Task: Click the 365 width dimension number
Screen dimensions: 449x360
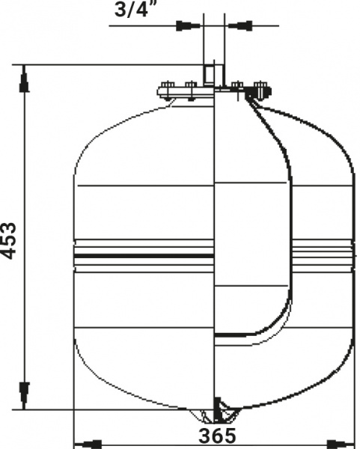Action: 216,436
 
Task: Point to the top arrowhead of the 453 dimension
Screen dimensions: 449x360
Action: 25,82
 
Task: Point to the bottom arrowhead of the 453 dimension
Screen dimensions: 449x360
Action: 25,391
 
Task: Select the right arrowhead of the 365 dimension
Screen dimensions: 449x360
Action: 344,443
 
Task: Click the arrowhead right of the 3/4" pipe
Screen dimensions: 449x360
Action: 241,26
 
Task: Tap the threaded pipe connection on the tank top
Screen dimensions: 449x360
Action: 212,75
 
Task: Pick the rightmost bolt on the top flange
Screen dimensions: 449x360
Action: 261,88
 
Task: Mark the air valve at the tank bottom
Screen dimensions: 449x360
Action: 218,411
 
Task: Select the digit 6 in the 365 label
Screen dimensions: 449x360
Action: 216,436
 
